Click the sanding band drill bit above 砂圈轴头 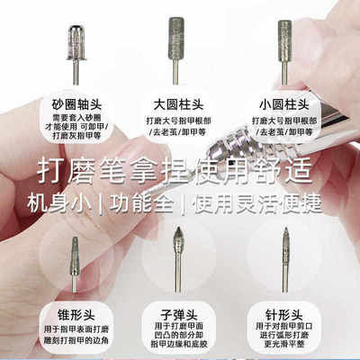pos(76,45)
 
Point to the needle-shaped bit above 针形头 pos(285,256)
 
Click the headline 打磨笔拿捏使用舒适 pos(179,168)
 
